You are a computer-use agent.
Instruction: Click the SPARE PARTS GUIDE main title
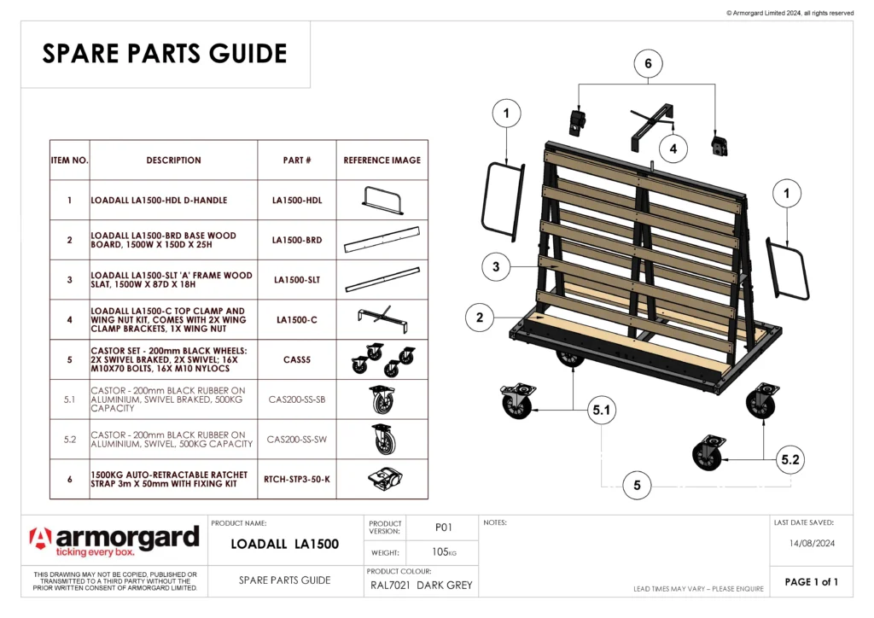165,54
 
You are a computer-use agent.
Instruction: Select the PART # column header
296,160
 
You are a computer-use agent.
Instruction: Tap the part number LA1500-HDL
296,201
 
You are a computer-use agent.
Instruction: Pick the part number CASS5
296,360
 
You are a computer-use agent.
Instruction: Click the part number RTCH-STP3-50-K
296,480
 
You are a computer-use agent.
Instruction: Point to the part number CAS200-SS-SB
296,399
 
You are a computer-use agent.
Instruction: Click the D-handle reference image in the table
382,200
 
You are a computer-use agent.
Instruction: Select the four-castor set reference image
382,360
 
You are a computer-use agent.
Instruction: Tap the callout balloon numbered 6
648,64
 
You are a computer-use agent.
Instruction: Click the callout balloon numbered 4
673,149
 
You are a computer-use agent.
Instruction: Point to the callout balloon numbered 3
496,266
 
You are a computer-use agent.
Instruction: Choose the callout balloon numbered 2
480,318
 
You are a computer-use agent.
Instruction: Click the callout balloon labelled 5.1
603,411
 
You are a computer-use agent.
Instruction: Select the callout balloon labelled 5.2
790,459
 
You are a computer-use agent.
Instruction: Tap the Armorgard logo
114,541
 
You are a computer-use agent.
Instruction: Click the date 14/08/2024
810,542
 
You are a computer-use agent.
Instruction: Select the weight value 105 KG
442,552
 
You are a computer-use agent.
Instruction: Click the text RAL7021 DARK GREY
421,586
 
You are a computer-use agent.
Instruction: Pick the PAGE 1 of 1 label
811,582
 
